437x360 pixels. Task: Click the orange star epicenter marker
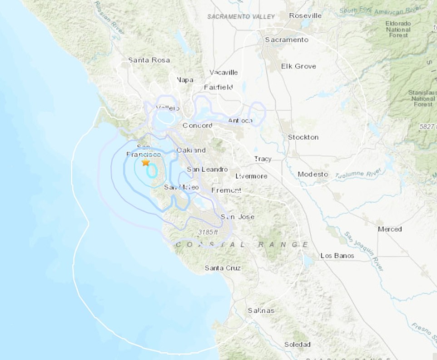tap(145, 162)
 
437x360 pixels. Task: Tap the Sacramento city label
tap(287, 40)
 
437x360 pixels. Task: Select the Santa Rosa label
tap(149, 60)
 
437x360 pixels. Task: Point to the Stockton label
tap(303, 137)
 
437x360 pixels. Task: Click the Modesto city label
tap(313, 174)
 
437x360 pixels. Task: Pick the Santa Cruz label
tap(223, 268)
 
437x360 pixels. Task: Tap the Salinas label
tap(261, 310)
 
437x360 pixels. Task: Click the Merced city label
tap(390, 229)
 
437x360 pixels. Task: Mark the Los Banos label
tap(337, 256)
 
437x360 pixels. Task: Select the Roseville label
tap(306, 15)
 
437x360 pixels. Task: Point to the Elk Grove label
tap(298, 66)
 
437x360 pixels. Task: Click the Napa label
tap(185, 80)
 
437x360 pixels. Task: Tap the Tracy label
tap(263, 159)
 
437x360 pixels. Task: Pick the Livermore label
tap(251, 176)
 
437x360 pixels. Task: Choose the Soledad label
tap(297, 344)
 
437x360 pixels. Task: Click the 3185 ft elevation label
tap(208, 232)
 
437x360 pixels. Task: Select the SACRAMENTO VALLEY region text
tap(241, 17)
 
